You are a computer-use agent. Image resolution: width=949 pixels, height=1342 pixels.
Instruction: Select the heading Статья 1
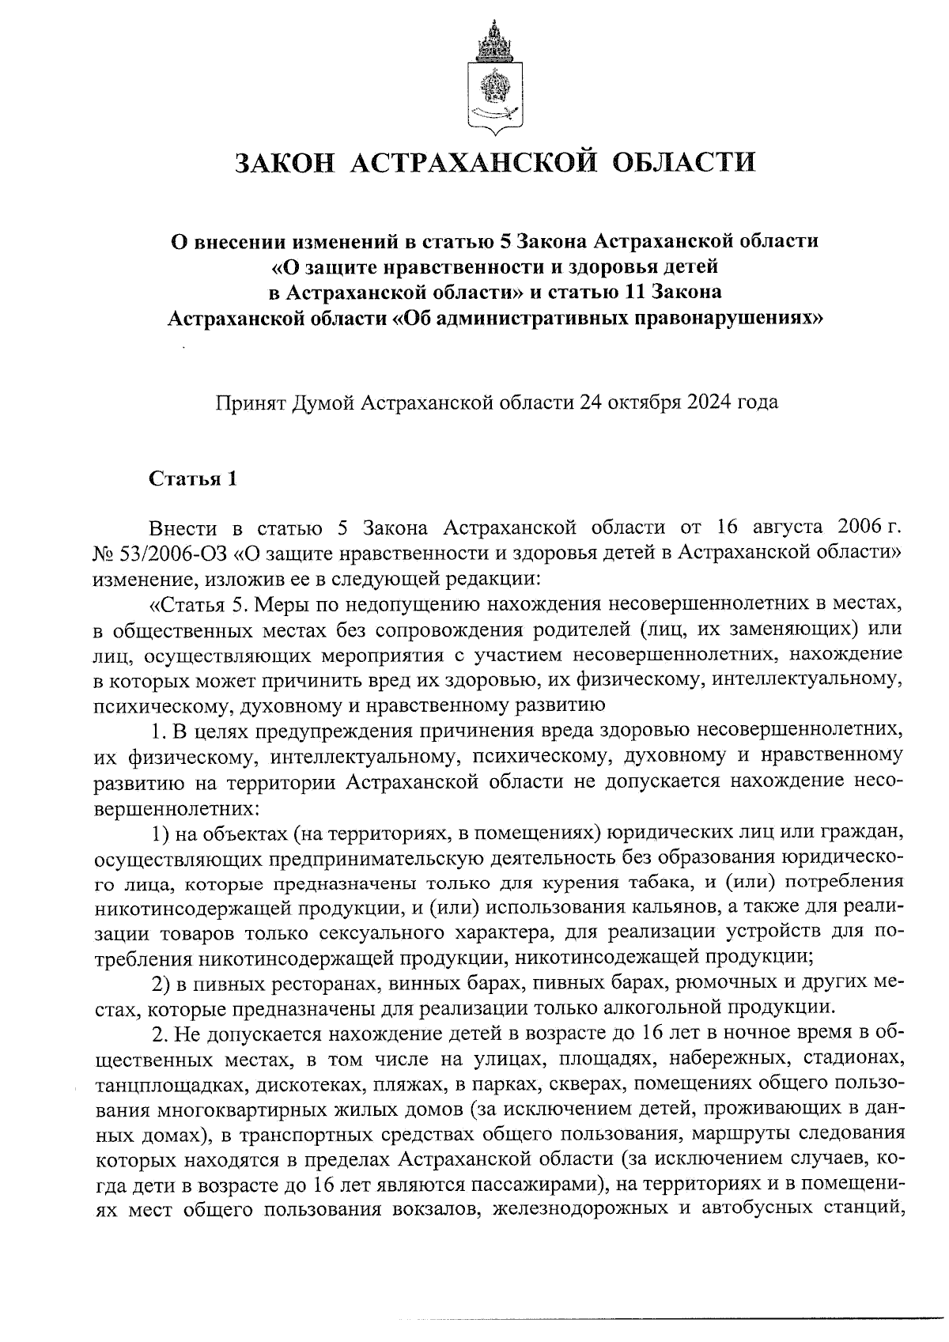[193, 480]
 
